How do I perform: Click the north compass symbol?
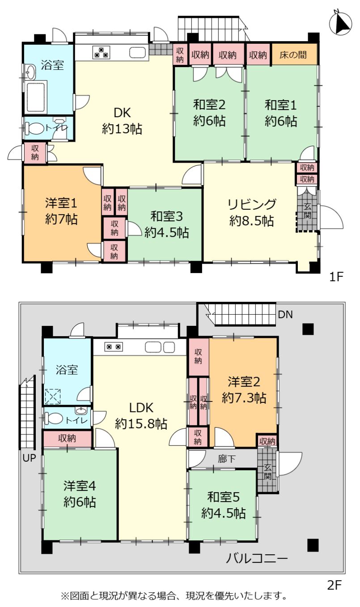coord(341,22)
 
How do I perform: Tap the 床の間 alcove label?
coord(293,55)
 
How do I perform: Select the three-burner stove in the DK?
coord(102,52)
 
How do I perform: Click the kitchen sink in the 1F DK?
coord(139,53)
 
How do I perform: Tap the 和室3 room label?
coord(167,216)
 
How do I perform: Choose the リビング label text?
coord(252,204)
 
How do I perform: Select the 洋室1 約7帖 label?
coord(61,211)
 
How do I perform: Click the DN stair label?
coord(285,315)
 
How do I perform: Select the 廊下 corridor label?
coord(227,459)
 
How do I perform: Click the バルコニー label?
coord(257,558)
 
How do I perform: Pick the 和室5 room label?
coord(223,497)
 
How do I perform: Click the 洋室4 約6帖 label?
coord(80,494)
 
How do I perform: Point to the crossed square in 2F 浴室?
coord(53,396)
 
